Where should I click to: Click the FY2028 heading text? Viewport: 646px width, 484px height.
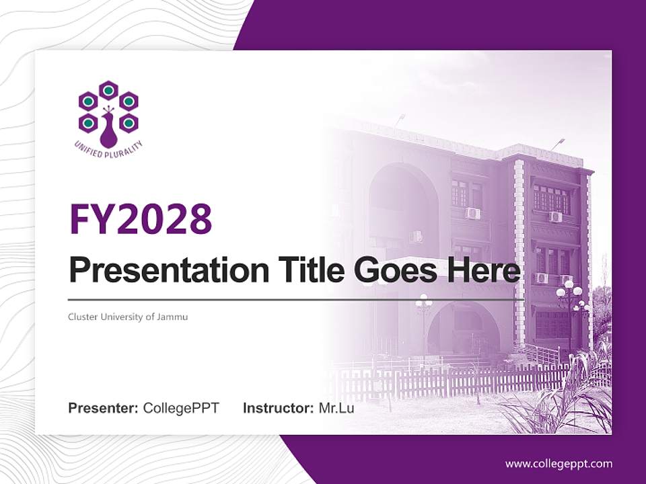pos(141,219)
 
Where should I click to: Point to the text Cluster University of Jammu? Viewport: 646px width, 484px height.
pos(128,317)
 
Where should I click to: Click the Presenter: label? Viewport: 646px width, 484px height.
pos(104,408)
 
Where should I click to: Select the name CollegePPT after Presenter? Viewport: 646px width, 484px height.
pos(181,408)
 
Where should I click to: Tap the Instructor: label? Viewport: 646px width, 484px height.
pos(278,408)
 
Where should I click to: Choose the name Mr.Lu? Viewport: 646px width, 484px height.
pos(336,408)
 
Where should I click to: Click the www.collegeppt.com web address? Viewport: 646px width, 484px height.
pos(559,464)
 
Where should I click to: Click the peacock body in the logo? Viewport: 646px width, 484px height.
pos(108,131)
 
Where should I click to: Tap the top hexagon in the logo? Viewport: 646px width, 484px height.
pos(108,90)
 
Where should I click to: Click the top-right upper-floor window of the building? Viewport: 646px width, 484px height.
pos(551,198)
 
